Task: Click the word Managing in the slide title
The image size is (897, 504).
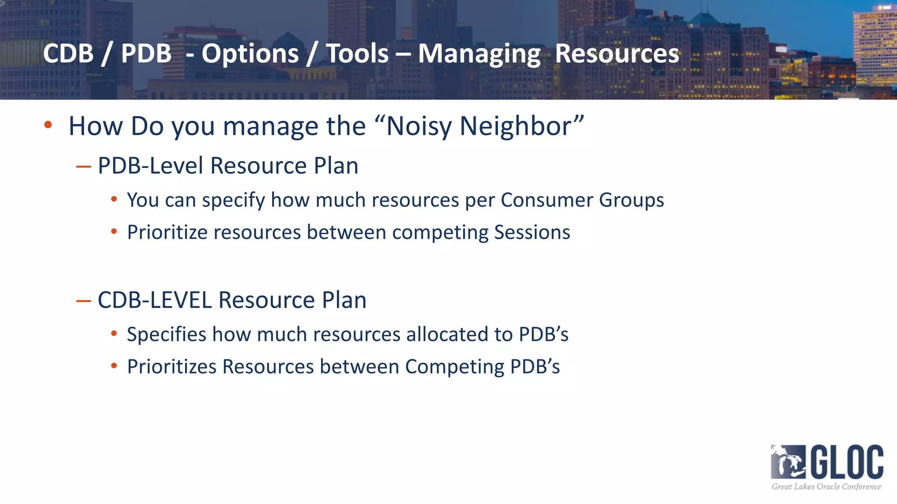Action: pos(479,54)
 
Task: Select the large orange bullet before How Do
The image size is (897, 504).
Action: pos(48,125)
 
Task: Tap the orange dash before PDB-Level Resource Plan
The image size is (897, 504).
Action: pos(83,167)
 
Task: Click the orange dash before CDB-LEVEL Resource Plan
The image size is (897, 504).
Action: pos(83,301)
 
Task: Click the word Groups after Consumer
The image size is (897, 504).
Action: pos(631,200)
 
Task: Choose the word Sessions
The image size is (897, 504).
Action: pos(532,232)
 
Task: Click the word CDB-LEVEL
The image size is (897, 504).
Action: pos(155,300)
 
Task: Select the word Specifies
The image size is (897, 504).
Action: pos(166,334)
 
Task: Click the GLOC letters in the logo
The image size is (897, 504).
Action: pos(847,462)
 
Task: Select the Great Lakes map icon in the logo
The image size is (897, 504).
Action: pos(788,462)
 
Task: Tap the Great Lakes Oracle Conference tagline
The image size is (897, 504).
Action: pos(826,486)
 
